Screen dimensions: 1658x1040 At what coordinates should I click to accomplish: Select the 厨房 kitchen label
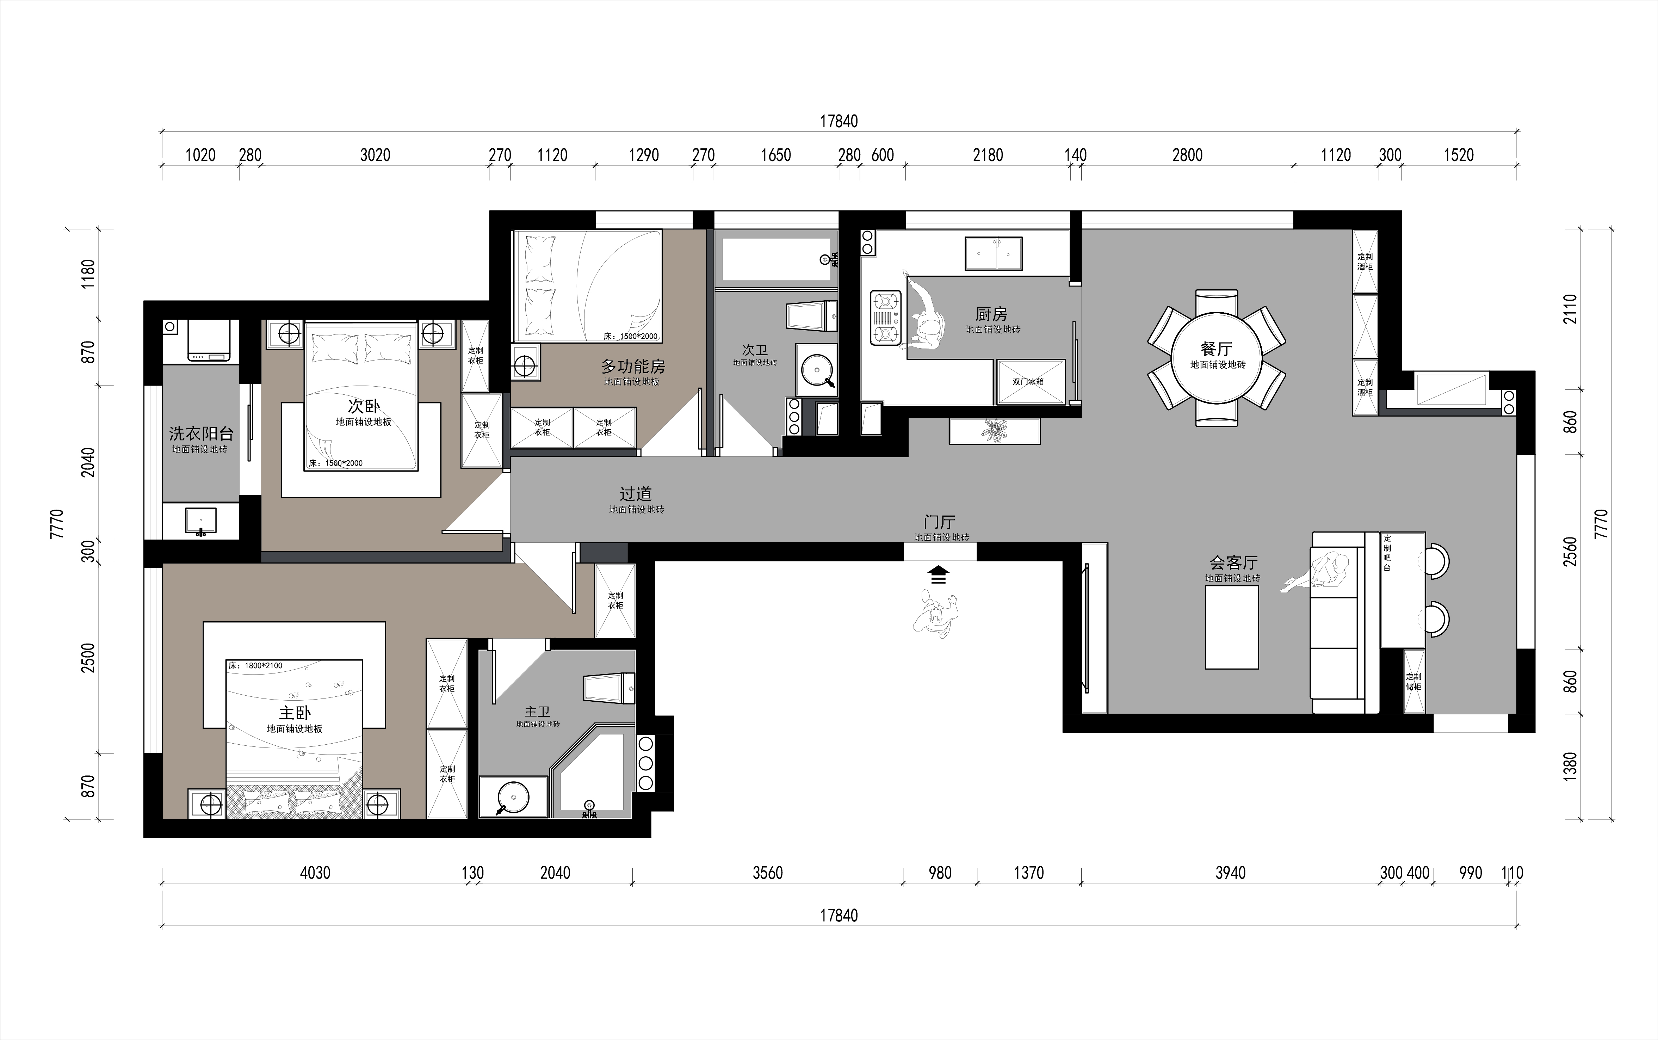coord(991,314)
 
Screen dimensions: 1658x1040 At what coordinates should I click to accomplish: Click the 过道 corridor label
coord(636,494)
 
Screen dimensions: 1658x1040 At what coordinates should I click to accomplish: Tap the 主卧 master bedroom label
coord(295,713)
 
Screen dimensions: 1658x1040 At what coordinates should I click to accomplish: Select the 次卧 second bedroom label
coord(364,406)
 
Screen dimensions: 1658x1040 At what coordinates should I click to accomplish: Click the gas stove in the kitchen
coord(886,318)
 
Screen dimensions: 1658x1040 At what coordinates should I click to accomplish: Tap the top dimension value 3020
coord(375,155)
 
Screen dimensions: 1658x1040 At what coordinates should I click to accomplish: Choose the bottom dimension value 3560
coord(768,873)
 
